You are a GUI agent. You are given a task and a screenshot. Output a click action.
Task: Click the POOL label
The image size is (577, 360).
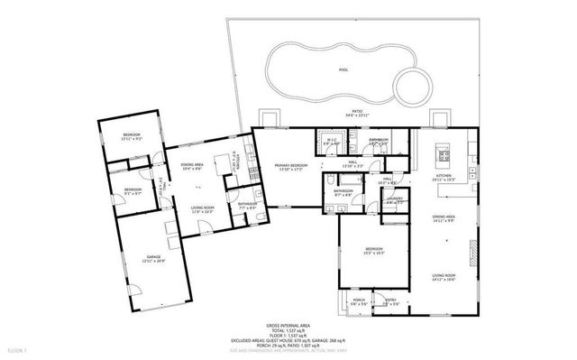[343, 69]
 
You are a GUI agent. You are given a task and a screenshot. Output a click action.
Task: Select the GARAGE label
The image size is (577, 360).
[153, 257]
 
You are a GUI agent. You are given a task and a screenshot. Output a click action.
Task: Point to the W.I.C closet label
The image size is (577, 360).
[331, 140]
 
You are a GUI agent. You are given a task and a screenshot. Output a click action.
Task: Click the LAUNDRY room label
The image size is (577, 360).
[394, 200]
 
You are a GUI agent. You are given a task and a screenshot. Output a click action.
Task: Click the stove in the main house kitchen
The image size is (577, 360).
[444, 154]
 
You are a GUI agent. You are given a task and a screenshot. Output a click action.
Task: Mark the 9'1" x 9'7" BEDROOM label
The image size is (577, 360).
[133, 190]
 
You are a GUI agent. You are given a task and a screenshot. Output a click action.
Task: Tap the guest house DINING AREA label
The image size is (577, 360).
[192, 164]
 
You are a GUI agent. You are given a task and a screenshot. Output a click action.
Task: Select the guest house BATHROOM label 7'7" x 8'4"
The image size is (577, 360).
[247, 204]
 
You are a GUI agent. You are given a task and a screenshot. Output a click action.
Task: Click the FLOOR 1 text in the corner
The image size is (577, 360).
[16, 348]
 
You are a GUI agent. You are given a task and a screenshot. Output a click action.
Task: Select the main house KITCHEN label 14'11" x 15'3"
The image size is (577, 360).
[442, 178]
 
